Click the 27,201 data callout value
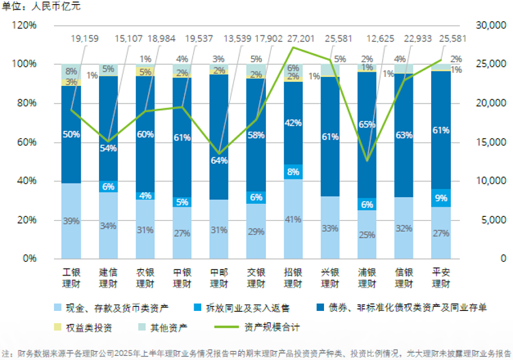click(x=302, y=38)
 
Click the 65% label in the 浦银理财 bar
click(x=368, y=124)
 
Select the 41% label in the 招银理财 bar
click(x=293, y=220)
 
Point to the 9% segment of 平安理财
click(x=441, y=198)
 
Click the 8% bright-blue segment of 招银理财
click(x=293, y=171)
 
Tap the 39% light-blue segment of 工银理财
click(x=72, y=221)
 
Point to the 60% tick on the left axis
click(x=26, y=142)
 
